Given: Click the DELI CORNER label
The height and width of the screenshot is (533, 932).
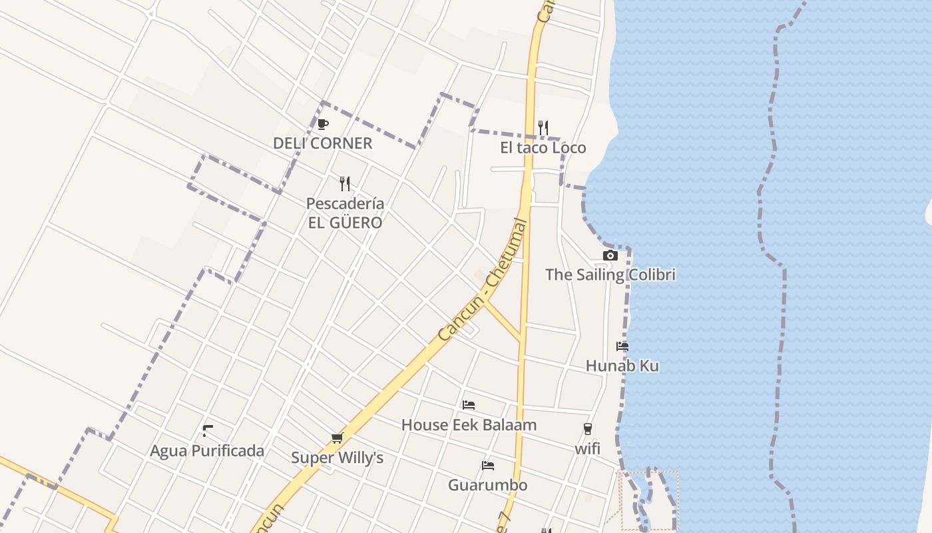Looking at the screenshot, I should [323, 143].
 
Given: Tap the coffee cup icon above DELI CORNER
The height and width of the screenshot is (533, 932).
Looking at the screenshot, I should [323, 124].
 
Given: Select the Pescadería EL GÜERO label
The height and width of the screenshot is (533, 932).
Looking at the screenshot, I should [345, 213].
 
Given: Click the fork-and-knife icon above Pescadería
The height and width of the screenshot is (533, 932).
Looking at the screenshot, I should [345, 183].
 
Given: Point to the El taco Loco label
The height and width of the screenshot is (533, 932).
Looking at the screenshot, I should [543, 148].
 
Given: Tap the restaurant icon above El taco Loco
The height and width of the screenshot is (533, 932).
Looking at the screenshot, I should [543, 127].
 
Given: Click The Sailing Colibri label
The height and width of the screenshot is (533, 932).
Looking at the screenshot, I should [610, 274].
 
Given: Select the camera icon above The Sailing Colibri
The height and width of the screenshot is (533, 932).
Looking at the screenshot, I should [610, 255].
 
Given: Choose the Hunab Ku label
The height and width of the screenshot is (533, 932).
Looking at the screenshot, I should [622, 366].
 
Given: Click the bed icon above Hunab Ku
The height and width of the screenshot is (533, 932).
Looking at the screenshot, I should [622, 346].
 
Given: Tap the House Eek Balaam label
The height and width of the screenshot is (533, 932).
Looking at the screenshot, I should [469, 425].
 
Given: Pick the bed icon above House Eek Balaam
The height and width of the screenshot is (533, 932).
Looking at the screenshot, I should [469, 405].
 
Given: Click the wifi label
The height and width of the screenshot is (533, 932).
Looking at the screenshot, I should [588, 449].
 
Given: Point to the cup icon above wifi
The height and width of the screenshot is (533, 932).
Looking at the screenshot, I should [587, 429].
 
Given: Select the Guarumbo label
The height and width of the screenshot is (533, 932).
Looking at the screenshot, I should [488, 485].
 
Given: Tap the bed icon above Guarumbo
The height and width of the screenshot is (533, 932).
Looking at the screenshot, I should [488, 465].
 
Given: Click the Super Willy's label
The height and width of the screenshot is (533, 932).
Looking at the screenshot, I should [338, 458].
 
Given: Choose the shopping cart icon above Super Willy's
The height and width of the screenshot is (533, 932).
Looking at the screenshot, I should [337, 438].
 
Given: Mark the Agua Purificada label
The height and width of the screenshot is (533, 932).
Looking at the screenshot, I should [207, 451].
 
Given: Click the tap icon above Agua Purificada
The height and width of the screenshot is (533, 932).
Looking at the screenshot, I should [207, 430].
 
